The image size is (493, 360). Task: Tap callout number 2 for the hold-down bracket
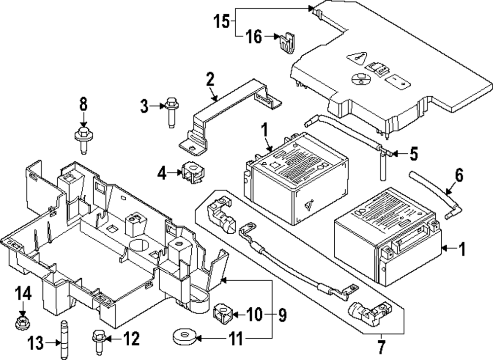(210, 79)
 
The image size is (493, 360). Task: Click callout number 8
(83, 105)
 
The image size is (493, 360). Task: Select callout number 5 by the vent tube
(413, 154)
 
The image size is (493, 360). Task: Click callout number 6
(459, 176)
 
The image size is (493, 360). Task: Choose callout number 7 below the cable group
(382, 348)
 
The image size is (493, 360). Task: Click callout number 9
(282, 314)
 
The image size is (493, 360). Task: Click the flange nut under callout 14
(22, 324)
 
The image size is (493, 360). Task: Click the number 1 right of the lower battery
(461, 250)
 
